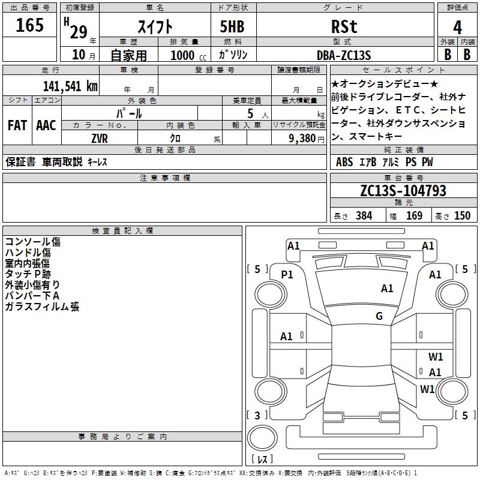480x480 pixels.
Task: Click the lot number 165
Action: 29,26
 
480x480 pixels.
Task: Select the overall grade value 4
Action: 457,28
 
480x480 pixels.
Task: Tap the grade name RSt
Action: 344,27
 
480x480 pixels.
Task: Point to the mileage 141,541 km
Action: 70,86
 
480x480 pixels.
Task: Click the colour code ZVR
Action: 100,139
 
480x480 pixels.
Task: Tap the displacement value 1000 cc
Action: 188,55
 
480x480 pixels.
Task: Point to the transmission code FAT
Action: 17,125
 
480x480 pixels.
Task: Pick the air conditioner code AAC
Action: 46,125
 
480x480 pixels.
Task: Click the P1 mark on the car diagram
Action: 287,274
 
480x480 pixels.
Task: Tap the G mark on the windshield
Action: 379,316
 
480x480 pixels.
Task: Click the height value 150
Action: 462,216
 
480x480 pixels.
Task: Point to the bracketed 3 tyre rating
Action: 257,415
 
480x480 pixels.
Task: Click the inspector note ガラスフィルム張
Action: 42,307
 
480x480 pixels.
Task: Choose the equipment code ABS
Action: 344,162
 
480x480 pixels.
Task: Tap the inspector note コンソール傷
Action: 32,242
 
